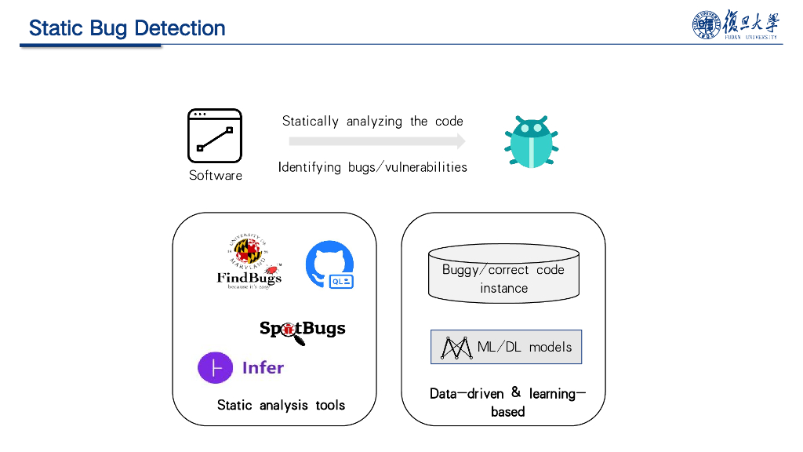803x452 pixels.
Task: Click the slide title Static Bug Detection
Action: pos(127,28)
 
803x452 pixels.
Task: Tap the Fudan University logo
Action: pos(735,25)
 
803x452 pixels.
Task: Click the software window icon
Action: pos(214,136)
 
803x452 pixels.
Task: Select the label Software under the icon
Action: pos(216,175)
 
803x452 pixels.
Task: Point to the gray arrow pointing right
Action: pos(376,141)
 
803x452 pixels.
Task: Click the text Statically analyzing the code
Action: pos(372,121)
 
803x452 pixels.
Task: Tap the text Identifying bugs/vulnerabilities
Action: pos(372,167)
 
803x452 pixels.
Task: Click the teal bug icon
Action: pos(531,141)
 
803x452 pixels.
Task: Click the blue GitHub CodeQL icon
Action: pos(329,264)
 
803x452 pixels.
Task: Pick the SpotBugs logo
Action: pos(302,330)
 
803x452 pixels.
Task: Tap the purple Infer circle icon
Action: pos(216,367)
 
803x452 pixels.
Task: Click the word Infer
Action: pos(263,367)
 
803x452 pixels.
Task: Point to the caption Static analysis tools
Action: pos(281,405)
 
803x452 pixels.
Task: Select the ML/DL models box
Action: pos(507,347)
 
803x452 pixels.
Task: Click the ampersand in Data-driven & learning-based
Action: pos(516,392)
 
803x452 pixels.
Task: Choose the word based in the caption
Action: pos(507,411)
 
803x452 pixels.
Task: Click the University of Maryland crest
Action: pos(249,252)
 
